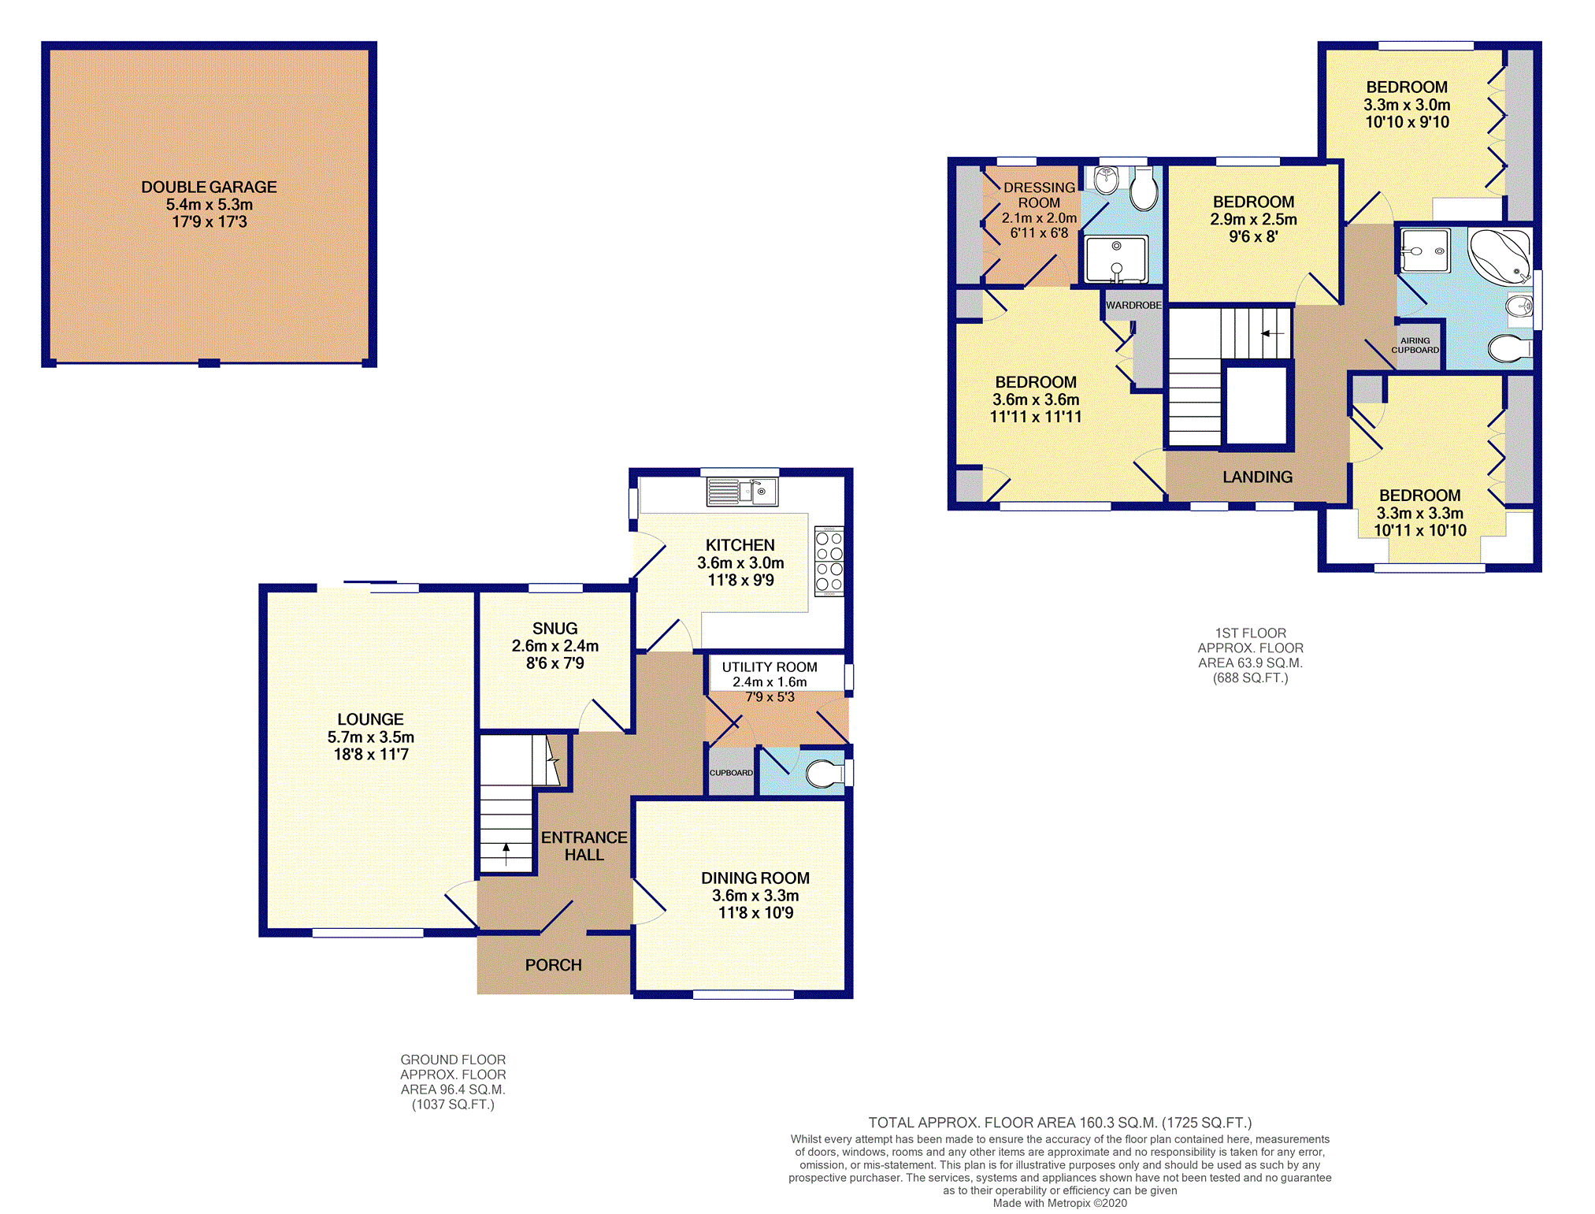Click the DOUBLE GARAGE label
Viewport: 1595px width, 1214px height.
pyautogui.click(x=209, y=187)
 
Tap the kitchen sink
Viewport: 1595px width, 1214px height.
pyautogui.click(x=743, y=492)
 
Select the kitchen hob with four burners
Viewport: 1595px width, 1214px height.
pyautogui.click(x=829, y=561)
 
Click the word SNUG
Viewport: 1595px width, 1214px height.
pyautogui.click(x=555, y=629)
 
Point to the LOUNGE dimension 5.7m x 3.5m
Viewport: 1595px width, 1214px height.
pyautogui.click(x=370, y=737)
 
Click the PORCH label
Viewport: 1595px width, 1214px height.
pyautogui.click(x=553, y=965)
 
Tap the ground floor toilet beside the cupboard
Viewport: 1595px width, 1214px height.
pyautogui.click(x=825, y=773)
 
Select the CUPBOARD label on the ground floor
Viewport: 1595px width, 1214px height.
pyautogui.click(x=731, y=773)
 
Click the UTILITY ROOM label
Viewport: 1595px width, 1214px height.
pyautogui.click(x=770, y=667)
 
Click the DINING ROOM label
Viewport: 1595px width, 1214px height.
pyautogui.click(x=755, y=878)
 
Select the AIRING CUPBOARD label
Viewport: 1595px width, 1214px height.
pyautogui.click(x=1415, y=345)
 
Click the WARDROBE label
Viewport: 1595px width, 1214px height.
pyautogui.click(x=1133, y=305)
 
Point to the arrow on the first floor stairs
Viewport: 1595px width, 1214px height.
pyautogui.click(x=1272, y=333)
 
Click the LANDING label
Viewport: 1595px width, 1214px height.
pyautogui.click(x=1257, y=477)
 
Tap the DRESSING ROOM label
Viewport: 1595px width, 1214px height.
pyautogui.click(x=1039, y=195)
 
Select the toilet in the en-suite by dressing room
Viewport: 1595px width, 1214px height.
pyautogui.click(x=1144, y=189)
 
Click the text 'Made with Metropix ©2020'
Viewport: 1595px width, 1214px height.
pyautogui.click(x=1059, y=1203)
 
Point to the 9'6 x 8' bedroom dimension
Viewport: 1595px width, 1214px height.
pyautogui.click(x=1253, y=236)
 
